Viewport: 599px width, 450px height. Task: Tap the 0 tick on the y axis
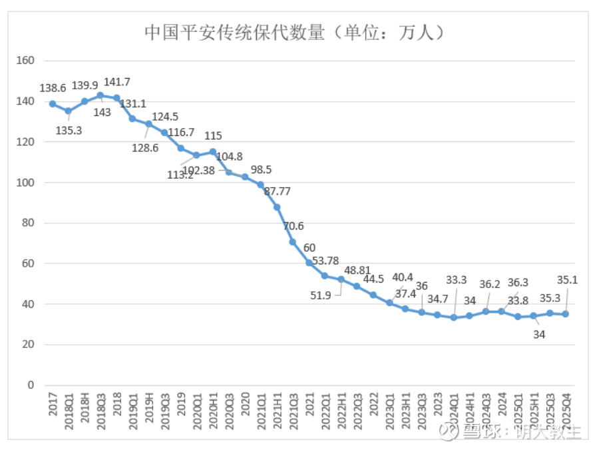coord(30,385)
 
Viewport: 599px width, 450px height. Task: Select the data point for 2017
coord(53,103)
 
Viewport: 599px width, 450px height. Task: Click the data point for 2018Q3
coord(100,95)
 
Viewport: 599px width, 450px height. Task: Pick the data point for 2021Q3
coord(293,241)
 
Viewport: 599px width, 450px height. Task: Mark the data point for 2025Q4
coord(566,314)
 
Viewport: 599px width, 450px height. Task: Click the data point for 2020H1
coord(213,151)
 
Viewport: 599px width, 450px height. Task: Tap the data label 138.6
coord(53,87)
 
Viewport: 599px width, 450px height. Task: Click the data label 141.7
coord(117,82)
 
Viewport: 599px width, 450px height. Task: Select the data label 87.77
coord(277,191)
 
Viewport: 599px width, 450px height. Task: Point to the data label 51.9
coord(321,296)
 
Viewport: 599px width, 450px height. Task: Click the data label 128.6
coord(146,148)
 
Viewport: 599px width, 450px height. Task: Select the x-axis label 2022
coord(373,404)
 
